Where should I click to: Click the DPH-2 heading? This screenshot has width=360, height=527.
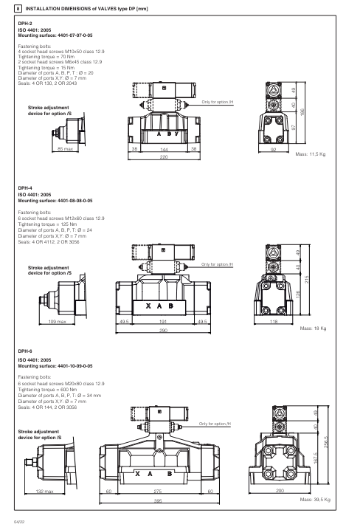coord(25,24)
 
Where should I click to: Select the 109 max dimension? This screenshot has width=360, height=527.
coord(58,323)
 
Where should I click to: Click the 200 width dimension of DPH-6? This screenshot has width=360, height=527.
coord(280,492)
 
